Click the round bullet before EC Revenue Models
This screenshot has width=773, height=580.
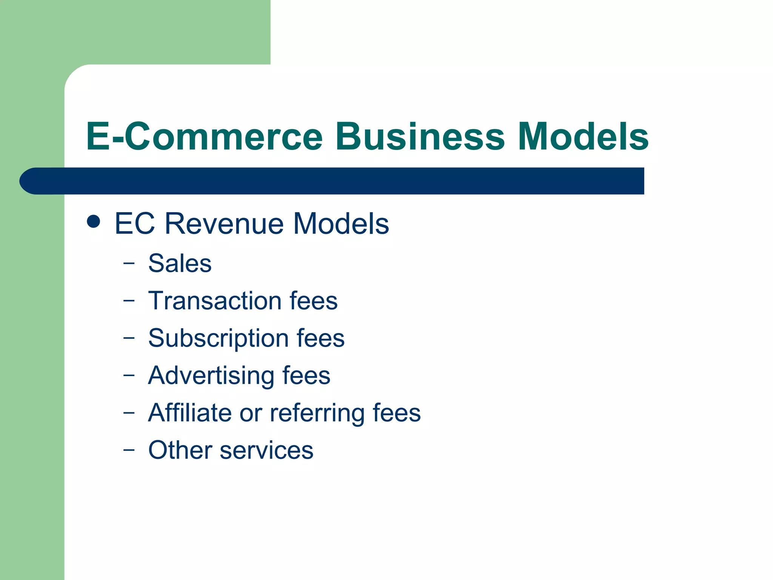point(93,222)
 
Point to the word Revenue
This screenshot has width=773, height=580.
point(225,224)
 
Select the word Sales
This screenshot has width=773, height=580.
point(180,263)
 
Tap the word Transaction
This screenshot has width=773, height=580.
point(214,301)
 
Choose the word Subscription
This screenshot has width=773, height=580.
point(218,338)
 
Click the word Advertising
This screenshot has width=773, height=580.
point(211,376)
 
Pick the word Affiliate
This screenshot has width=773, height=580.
point(189,413)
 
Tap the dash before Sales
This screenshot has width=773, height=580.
point(129,263)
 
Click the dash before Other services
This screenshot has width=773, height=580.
point(129,450)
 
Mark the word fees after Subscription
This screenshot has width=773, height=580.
point(320,338)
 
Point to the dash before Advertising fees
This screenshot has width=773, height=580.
point(129,375)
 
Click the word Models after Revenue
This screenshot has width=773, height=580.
point(341,224)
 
